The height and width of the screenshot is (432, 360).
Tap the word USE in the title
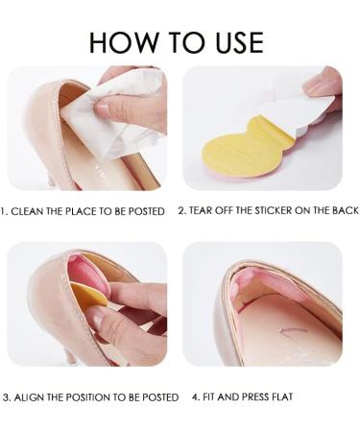[235, 42]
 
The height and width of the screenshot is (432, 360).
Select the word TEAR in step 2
[203, 210]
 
